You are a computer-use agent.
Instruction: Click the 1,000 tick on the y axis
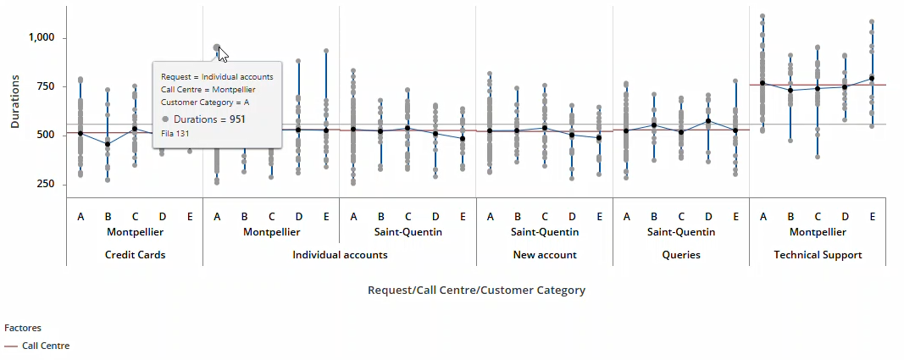click(41, 37)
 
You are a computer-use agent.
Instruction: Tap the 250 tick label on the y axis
click(46, 184)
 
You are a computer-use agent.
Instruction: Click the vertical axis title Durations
click(15, 101)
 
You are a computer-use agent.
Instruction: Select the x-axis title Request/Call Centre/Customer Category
click(476, 290)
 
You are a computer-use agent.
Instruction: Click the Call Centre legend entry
click(46, 346)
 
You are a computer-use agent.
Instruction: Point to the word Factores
click(23, 327)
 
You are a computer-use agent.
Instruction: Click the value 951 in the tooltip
click(236, 119)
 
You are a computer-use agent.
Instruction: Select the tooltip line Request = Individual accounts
click(217, 76)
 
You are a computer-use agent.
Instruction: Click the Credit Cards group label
click(135, 254)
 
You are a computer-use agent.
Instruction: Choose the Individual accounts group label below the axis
click(340, 254)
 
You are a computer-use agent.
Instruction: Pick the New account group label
click(545, 254)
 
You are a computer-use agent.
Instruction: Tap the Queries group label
click(681, 254)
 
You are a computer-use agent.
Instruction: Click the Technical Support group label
click(818, 254)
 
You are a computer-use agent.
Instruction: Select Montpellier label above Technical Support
click(818, 231)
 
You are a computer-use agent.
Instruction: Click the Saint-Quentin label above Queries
click(681, 231)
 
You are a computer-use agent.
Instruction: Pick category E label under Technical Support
click(872, 217)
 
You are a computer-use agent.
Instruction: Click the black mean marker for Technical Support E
click(872, 78)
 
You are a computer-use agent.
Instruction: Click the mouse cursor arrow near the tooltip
click(222, 54)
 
